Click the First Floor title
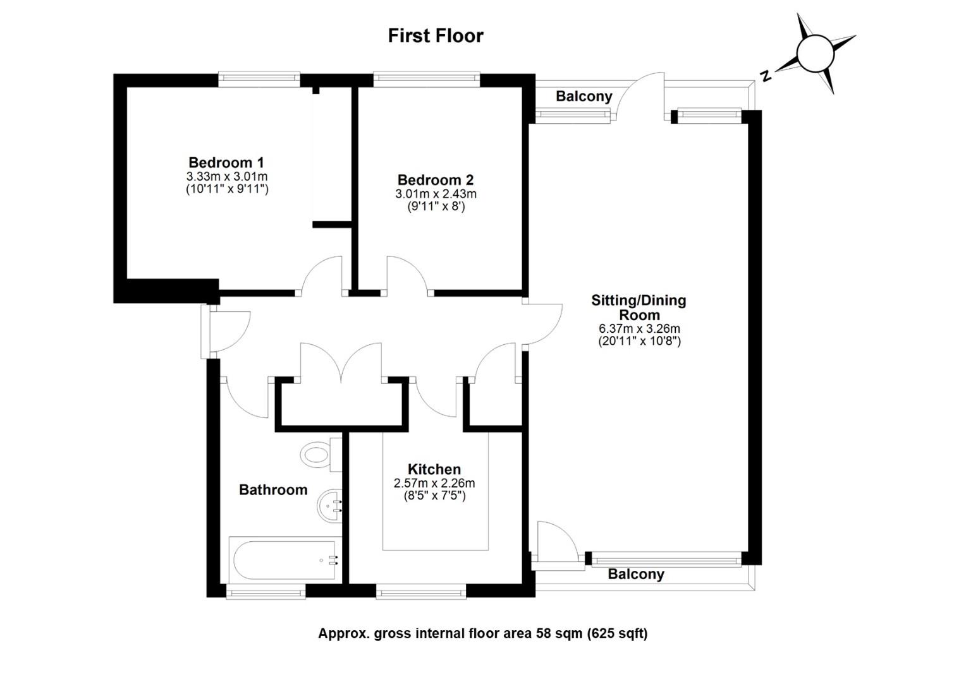pos(436,36)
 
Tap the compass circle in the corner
pos(816,54)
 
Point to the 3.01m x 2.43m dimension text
pos(436,194)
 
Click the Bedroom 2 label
pos(436,180)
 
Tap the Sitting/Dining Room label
pos(639,308)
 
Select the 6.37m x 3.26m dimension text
pos(639,328)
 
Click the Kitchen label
pos(434,469)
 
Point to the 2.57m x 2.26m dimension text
pos(434,483)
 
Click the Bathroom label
pos(273,489)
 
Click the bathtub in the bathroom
pos(284,560)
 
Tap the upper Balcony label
pos(584,96)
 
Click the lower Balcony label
pos(636,574)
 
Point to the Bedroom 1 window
pos(259,79)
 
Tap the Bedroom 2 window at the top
pos(427,79)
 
